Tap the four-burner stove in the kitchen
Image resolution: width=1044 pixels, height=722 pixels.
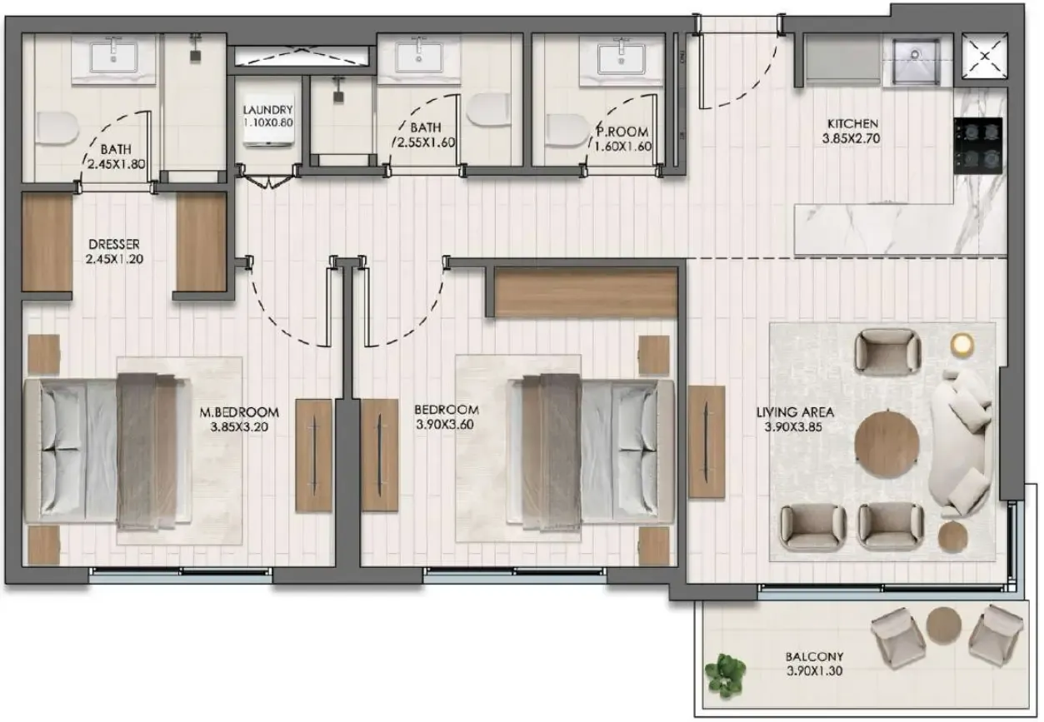point(979,145)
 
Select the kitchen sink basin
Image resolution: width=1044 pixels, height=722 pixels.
point(916,61)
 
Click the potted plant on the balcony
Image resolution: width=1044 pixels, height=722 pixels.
point(725,674)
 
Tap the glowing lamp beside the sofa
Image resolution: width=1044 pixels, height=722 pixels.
point(962,344)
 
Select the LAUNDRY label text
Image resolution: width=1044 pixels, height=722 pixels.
point(267,110)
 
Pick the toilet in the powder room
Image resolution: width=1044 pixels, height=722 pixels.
point(567,129)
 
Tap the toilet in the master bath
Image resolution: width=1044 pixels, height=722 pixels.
point(56,127)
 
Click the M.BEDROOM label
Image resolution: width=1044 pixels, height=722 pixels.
point(239,411)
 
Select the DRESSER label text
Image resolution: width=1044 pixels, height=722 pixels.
point(114,244)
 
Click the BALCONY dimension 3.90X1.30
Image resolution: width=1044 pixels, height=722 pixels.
point(814,670)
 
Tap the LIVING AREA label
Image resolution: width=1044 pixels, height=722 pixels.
point(795,411)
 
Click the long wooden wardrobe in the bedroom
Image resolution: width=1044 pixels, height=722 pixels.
point(585,292)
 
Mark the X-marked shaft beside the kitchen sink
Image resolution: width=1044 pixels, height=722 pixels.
point(984,58)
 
